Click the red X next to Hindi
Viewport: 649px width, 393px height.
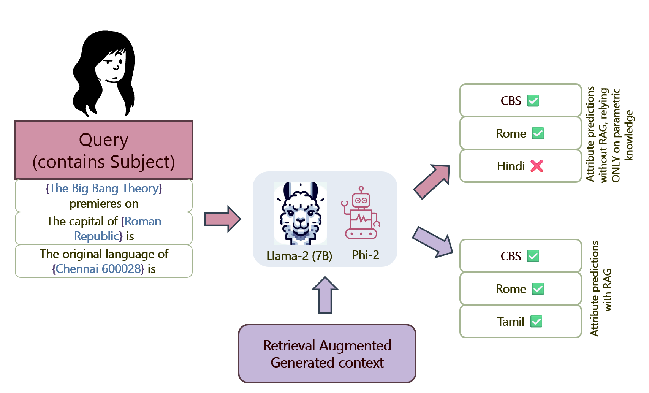[537, 166]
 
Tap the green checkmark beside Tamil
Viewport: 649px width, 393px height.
[536, 322]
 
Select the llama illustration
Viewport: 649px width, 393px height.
[300, 213]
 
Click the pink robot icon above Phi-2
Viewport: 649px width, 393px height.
[361, 213]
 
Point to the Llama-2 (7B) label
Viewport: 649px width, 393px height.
[299, 256]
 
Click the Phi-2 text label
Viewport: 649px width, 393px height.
[365, 255]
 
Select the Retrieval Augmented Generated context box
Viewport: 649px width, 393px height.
[327, 354]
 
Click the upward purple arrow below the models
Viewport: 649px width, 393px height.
[325, 295]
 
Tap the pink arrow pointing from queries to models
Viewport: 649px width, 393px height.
[222, 219]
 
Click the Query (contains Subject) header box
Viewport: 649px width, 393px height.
[104, 150]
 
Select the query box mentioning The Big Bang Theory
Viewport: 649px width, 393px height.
[104, 196]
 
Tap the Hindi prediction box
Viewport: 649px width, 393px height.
[520, 166]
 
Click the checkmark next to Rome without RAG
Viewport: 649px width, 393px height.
[538, 133]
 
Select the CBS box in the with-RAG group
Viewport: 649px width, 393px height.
[520, 256]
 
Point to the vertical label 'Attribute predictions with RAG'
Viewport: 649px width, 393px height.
[601, 288]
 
